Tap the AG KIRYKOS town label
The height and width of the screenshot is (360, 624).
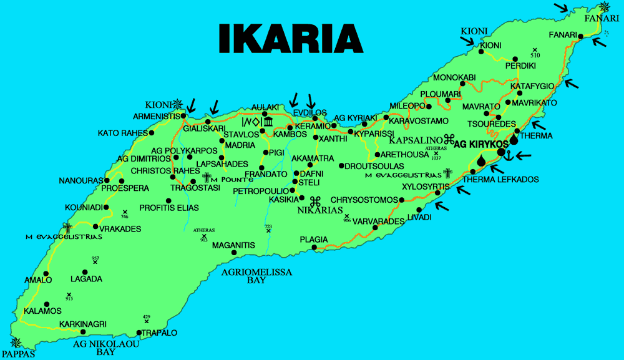pyautogui.click(x=479, y=144)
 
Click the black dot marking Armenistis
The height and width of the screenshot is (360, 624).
pyautogui.click(x=183, y=116)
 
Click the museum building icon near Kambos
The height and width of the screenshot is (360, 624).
pyautogui.click(x=268, y=120)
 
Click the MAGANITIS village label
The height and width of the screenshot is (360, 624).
pyautogui.click(x=233, y=245)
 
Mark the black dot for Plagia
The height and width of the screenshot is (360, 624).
pyautogui.click(x=313, y=248)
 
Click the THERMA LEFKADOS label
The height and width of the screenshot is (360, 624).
pyautogui.click(x=500, y=179)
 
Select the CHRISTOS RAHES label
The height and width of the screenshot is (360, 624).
pyautogui.click(x=156, y=171)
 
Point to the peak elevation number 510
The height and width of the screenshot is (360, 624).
pyautogui.click(x=535, y=56)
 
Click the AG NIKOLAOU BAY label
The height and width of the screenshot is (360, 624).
pyautogui.click(x=96, y=348)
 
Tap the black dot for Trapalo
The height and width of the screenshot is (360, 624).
pyautogui.click(x=139, y=333)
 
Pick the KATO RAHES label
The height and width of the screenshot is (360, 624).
pyautogui.click(x=122, y=133)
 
